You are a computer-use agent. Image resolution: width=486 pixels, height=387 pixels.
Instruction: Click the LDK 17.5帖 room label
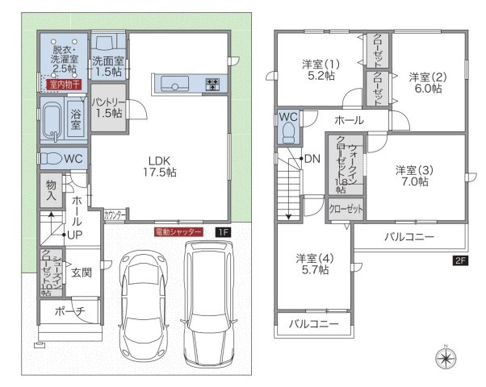tap(161, 165)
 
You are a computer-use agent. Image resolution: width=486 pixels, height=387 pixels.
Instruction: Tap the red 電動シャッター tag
tap(180, 232)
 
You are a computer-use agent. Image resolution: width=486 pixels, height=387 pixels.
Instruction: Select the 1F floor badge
tap(222, 232)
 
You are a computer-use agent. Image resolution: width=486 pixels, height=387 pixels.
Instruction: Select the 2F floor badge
tap(459, 260)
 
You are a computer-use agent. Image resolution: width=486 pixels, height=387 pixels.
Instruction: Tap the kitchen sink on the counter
tap(174, 83)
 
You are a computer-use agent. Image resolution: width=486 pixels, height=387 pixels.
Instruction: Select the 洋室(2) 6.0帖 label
tap(425, 83)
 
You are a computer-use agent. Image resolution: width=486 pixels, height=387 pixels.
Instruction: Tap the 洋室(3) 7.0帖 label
tap(412, 176)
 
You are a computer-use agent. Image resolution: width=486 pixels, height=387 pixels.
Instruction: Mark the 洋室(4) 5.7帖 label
tap(312, 264)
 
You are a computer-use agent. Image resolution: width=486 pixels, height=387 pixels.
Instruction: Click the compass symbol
tap(446, 358)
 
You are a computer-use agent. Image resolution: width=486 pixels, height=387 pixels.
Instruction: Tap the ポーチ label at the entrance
tap(69, 312)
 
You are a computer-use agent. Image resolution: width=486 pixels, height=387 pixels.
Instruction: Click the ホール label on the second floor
tap(349, 120)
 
